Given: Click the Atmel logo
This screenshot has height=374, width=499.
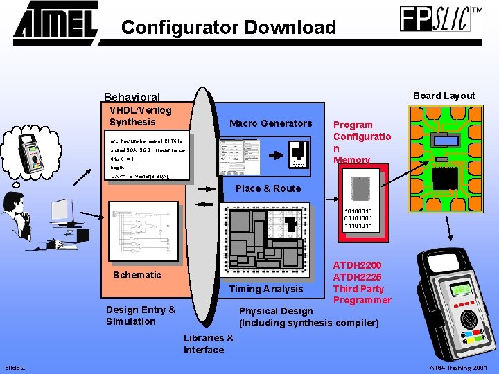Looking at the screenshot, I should pyautogui.click(x=56, y=21).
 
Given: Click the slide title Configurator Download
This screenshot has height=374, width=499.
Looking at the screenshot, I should pyautogui.click(x=228, y=28).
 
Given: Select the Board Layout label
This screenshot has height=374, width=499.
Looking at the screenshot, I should pyautogui.click(x=444, y=96).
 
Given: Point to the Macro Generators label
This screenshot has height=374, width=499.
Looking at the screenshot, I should pyautogui.click(x=270, y=123).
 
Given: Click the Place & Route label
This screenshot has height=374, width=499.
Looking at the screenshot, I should pyautogui.click(x=268, y=188).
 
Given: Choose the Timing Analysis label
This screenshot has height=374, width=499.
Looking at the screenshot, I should pyautogui.click(x=266, y=289).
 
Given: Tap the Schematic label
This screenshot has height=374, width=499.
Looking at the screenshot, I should pyautogui.click(x=137, y=275).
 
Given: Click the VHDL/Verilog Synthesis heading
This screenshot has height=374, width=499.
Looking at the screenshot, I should pyautogui.click(x=140, y=116).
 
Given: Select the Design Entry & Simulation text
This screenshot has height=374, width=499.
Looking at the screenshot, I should pyautogui.click(x=141, y=315).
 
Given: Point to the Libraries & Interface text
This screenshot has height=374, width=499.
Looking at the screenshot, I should pyautogui.click(x=208, y=344).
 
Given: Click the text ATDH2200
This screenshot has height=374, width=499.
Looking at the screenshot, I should pyautogui.click(x=357, y=265).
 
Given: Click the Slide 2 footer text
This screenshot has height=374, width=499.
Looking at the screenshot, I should pyautogui.click(x=15, y=367).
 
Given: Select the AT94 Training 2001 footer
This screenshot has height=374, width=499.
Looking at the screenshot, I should pyautogui.click(x=459, y=367).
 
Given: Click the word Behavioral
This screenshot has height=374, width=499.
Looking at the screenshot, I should pyautogui.click(x=132, y=98).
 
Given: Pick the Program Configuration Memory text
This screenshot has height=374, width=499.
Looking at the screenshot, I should pyautogui.click(x=361, y=142).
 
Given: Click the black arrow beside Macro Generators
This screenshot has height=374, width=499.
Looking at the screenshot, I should pyautogui.click(x=274, y=151).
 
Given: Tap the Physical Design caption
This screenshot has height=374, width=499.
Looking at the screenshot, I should pyautogui.click(x=276, y=311).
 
